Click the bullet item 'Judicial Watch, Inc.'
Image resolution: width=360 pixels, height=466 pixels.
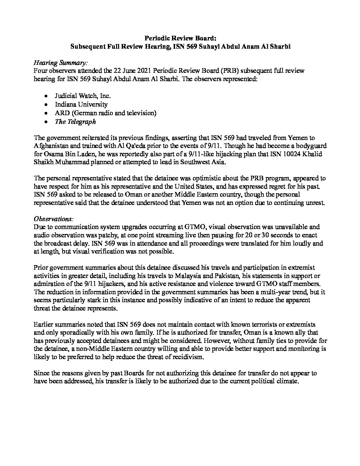click(x=82, y=96)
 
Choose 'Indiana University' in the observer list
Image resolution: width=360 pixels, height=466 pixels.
click(x=81, y=105)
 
